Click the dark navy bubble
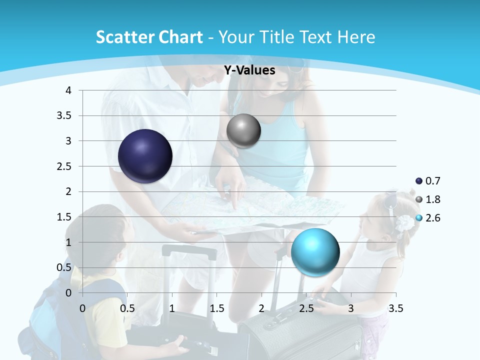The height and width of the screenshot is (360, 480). [145, 156]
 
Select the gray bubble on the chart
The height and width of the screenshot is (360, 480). [243, 131]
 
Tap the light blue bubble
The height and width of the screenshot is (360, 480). [315, 252]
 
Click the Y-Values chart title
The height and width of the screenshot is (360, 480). [249, 70]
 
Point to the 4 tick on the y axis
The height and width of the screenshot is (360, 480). [68, 90]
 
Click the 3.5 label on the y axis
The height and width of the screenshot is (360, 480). [63, 115]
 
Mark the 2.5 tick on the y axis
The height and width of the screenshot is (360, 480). [63, 166]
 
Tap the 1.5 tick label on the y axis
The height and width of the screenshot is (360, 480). [63, 216]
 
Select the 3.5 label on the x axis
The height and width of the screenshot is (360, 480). [395, 308]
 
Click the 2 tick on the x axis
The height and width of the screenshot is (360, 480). [261, 308]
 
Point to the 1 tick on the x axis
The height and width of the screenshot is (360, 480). [172, 308]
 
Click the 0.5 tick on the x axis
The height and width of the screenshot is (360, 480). [127, 308]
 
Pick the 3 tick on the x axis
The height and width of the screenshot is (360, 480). [351, 308]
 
